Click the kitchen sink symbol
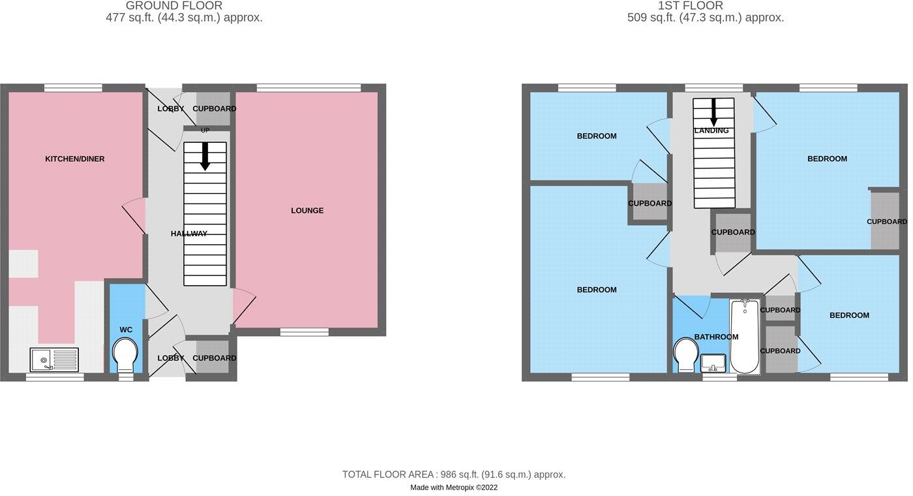tap(54, 360)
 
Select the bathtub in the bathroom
tap(744, 336)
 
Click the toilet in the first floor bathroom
tap(686, 354)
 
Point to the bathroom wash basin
tap(713, 362)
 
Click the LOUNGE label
tap(307, 211)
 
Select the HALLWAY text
tap(189, 234)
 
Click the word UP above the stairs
tap(205, 131)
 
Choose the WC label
tap(126, 330)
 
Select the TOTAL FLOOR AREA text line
tap(454, 474)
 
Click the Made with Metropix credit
tap(454, 488)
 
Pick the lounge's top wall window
tap(308, 87)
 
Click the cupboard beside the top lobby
tap(213, 108)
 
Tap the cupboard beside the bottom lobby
tap(213, 358)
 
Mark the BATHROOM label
tap(716, 337)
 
